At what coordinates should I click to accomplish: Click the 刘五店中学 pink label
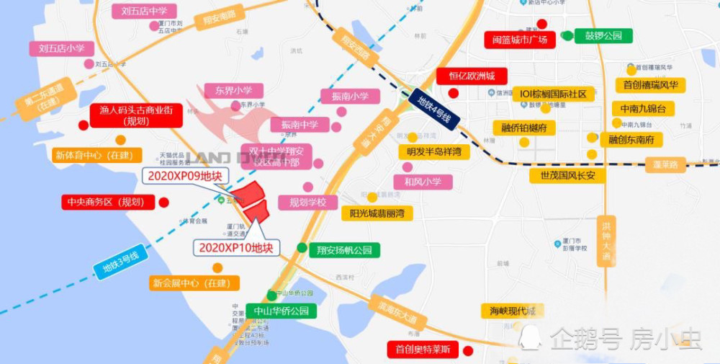coord(144,11)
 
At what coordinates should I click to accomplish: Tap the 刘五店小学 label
coord(62,48)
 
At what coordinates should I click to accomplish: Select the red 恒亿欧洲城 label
coord(472,76)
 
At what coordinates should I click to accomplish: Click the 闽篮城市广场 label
coord(520,40)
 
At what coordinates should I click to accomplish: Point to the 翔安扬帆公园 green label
coord(345,250)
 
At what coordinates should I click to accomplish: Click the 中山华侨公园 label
coord(281,311)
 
